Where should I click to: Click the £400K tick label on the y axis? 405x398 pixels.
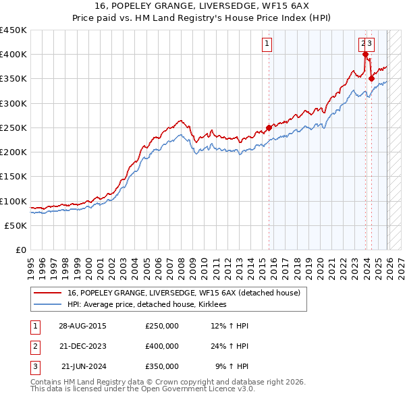click(x=13, y=55)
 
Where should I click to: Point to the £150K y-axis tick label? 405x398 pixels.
click(x=13, y=177)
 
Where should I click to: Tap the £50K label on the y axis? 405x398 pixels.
click(x=16, y=226)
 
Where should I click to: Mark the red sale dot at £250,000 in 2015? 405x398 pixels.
click(x=269, y=127)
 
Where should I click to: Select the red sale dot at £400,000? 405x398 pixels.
click(x=365, y=55)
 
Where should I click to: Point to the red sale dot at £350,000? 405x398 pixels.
click(x=371, y=79)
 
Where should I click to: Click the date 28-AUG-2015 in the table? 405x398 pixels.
click(x=82, y=326)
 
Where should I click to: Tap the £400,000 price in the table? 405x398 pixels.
click(x=162, y=346)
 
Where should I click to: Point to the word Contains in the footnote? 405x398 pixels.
click(x=46, y=382)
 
